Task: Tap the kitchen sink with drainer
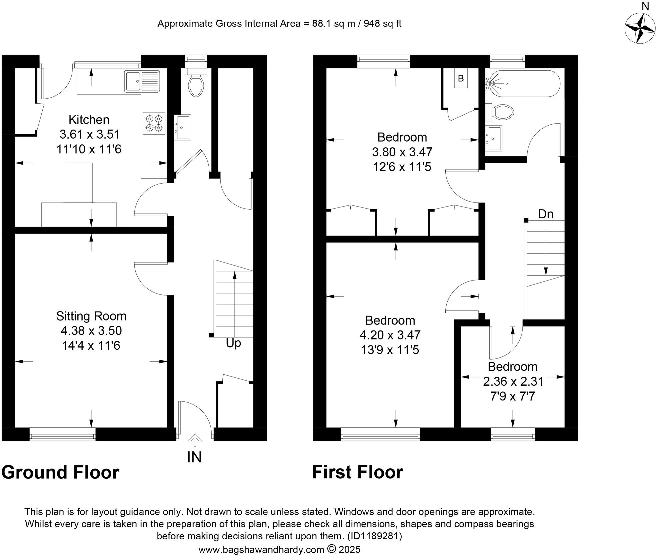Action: click(x=142, y=81)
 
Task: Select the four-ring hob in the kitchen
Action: click(x=154, y=123)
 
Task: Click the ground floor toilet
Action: click(x=196, y=85)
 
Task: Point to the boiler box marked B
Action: click(x=461, y=78)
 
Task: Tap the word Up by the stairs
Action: click(x=233, y=343)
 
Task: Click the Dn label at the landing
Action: click(x=546, y=214)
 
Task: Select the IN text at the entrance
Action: click(x=194, y=457)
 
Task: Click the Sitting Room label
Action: click(x=91, y=316)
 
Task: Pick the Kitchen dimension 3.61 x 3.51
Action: click(x=89, y=134)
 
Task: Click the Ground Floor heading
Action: click(x=60, y=472)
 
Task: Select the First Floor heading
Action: click(x=357, y=472)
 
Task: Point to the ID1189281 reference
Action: click(x=375, y=536)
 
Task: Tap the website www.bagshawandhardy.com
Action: click(x=261, y=549)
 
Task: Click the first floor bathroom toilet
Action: click(x=503, y=112)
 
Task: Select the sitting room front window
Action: click(x=63, y=434)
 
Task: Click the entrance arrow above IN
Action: click(x=195, y=440)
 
